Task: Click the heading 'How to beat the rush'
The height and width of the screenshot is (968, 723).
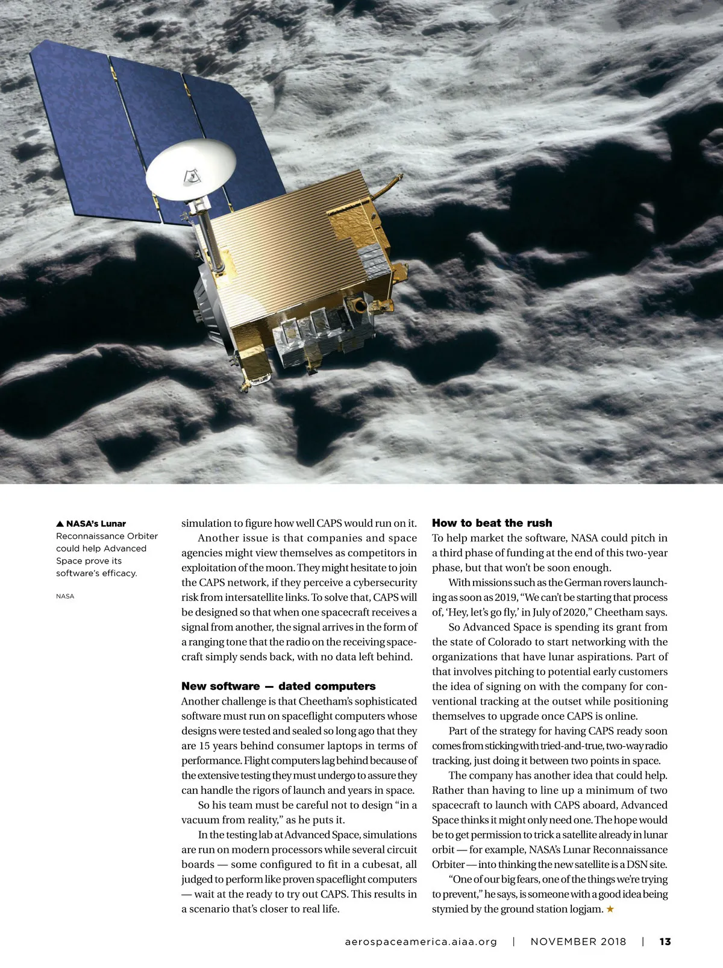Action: click(x=492, y=523)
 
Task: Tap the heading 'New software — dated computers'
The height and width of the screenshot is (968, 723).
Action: click(x=278, y=686)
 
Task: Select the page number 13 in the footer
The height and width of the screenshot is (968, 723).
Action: click(x=665, y=941)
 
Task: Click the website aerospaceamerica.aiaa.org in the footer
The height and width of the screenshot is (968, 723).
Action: click(x=421, y=941)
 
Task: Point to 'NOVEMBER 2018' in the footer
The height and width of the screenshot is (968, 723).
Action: click(x=578, y=941)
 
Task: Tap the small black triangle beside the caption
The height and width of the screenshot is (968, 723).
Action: click(x=60, y=524)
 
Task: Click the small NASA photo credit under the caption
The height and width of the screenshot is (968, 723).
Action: click(x=65, y=596)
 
